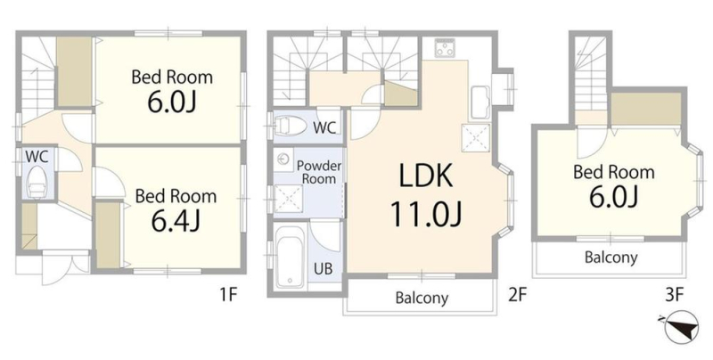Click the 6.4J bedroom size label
[175, 221]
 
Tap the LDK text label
[426, 176]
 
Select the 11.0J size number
[426, 214]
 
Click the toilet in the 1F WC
[37, 183]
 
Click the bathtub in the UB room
[291, 256]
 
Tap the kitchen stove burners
[445, 48]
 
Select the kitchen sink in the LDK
[479, 102]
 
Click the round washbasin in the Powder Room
[284, 160]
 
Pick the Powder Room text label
[319, 172]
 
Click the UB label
[323, 268]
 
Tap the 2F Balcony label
[422, 299]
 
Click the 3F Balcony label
[611, 258]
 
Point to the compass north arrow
[681, 327]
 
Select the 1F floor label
[229, 296]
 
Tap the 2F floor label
[517, 296]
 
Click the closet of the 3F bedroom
[645, 109]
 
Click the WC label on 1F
[37, 157]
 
